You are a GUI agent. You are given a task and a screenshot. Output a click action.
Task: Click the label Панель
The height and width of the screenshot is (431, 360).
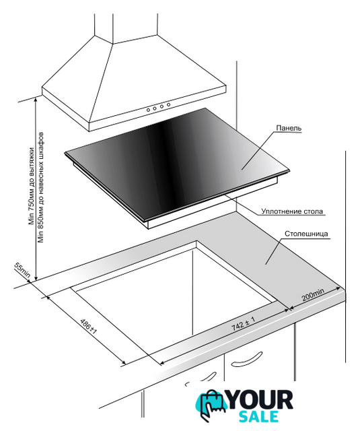tap(289, 128)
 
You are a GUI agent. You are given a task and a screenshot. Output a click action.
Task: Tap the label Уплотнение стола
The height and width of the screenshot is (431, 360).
tap(292, 211)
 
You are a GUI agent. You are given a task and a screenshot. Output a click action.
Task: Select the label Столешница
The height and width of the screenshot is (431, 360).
tap(306, 234)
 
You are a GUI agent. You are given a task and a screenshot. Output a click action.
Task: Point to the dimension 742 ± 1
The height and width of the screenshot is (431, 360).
tap(244, 323)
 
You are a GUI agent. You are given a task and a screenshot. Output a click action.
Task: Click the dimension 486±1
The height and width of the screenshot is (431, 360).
tap(88, 326)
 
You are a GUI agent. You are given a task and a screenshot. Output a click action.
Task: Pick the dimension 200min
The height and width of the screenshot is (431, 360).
tap(313, 294)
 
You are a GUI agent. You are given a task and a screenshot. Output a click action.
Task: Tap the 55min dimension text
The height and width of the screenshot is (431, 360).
tap(22, 269)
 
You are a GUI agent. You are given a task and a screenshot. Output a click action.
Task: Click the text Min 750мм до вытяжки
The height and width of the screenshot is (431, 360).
tap(32, 187)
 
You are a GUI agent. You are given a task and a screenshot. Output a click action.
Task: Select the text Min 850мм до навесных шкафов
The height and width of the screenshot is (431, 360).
tap(41, 187)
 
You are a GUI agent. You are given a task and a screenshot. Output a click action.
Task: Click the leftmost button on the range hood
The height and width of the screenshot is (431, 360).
tap(148, 110)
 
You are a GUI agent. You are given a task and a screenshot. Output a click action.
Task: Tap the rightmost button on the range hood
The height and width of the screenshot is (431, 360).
tap(168, 105)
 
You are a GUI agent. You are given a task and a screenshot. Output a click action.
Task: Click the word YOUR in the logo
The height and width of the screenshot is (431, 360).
tap(260, 400)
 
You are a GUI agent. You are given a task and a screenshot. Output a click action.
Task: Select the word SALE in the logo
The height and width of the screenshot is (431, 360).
tap(258, 417)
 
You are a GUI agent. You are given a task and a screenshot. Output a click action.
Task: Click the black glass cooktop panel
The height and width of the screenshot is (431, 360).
tap(177, 162)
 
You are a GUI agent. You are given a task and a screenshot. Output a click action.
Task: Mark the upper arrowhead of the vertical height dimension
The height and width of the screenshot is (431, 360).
tap(36, 100)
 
